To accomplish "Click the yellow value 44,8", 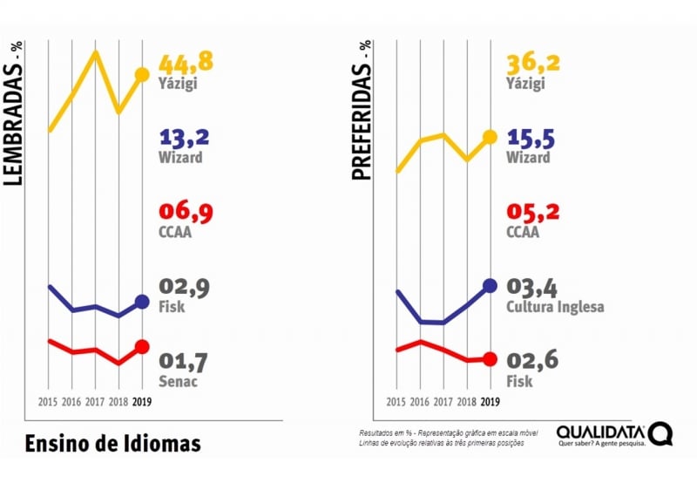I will point(186,63).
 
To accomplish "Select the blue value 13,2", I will point(184,138).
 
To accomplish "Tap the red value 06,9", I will point(184,212).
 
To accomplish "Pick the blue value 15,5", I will point(531,138).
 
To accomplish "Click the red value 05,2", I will point(531,212).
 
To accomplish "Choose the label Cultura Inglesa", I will point(555,307).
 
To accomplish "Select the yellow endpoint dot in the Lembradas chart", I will point(142,75).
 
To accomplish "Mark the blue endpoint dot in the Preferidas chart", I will point(490,285).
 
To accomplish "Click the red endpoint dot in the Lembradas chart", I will point(142,347).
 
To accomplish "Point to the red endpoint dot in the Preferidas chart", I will point(490,358).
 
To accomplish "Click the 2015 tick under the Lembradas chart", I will point(49,402).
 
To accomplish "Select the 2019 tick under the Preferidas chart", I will point(490,402).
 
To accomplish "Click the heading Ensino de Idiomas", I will point(112,442).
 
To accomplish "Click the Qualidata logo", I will point(613,434).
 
